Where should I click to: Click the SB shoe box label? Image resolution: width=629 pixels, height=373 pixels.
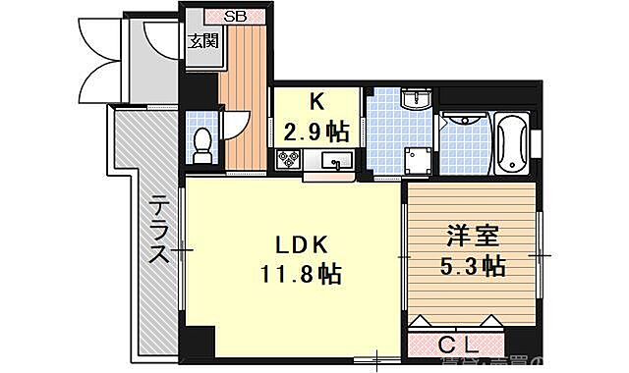[235, 16]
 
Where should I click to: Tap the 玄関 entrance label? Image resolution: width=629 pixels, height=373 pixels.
[203, 41]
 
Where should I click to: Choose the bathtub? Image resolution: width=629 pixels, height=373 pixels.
[513, 145]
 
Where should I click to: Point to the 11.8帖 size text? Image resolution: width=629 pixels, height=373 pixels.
[300, 274]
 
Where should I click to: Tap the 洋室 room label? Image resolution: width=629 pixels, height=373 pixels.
[473, 237]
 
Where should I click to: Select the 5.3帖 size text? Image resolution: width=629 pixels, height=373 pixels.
[473, 265]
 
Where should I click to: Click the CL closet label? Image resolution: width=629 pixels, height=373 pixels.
[459, 346]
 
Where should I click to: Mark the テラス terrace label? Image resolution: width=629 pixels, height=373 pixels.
[158, 232]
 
